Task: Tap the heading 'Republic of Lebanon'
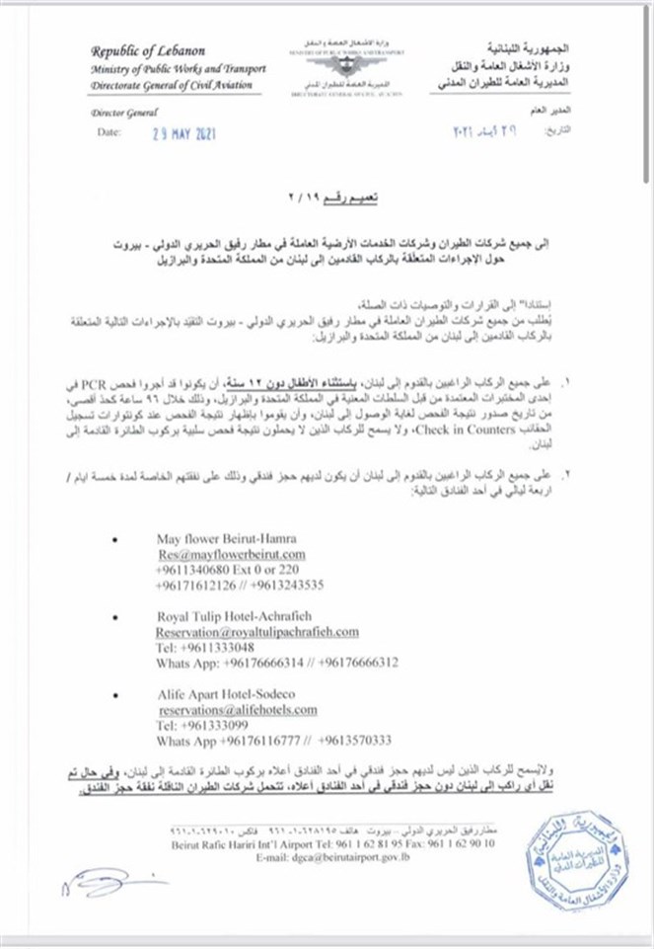click(x=148, y=51)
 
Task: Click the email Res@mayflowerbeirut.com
click(x=224, y=555)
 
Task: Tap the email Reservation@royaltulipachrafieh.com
click(x=256, y=631)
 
